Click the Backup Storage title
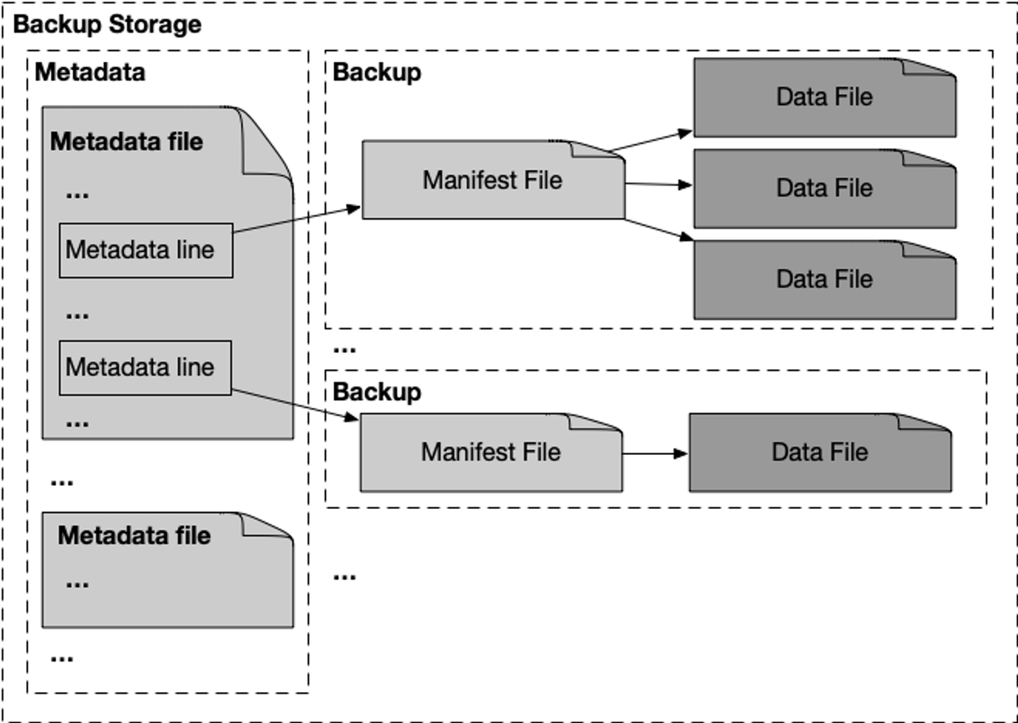click(x=107, y=25)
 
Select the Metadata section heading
click(x=90, y=72)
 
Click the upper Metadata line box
click(x=146, y=251)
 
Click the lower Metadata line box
click(x=145, y=367)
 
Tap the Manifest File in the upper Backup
click(x=492, y=181)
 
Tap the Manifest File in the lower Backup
click(x=491, y=453)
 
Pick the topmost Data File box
click(x=824, y=97)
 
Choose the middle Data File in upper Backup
click(x=824, y=189)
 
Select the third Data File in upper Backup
click(x=824, y=279)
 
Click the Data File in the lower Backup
click(x=819, y=453)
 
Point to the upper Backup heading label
click(x=376, y=72)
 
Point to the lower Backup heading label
click(x=376, y=392)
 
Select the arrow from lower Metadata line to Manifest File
click(x=294, y=404)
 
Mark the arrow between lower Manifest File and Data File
click(x=655, y=453)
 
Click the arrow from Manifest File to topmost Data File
click(x=651, y=140)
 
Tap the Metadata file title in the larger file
click(x=126, y=142)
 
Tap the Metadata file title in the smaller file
click(x=134, y=535)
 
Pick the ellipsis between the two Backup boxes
click(x=344, y=349)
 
